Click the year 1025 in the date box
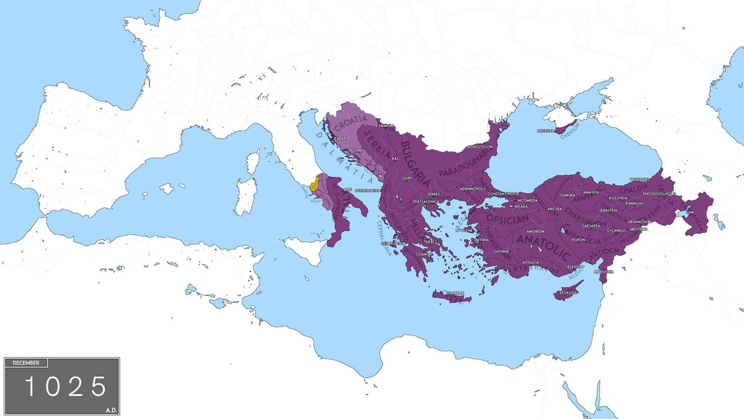pos(64,387)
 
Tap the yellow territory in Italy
pos(315,184)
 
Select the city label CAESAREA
pos(590,225)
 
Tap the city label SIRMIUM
pos(386,126)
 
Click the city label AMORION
pos(535,231)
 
